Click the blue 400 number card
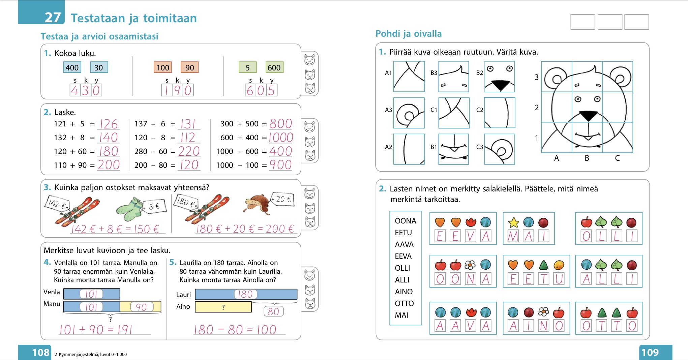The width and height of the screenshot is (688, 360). pyautogui.click(x=72, y=67)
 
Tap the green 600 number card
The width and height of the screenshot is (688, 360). pyautogui.click(x=274, y=67)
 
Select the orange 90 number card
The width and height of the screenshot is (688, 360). pyautogui.click(x=189, y=67)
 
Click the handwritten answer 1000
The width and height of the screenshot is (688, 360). pyautogui.click(x=281, y=138)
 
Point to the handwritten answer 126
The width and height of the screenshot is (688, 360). pyautogui.click(x=109, y=124)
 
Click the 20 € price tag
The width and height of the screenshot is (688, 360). pyautogui.click(x=283, y=199)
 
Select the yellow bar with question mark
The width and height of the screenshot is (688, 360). pyautogui.click(x=223, y=307)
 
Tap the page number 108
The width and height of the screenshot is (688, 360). pyautogui.click(x=40, y=352)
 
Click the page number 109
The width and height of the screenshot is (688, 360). pyautogui.click(x=650, y=352)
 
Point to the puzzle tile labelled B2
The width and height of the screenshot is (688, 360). pyautogui.click(x=500, y=77)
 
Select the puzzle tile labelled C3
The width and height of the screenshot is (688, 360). pyautogui.click(x=500, y=149)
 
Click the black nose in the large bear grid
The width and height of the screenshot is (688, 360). pyautogui.click(x=588, y=116)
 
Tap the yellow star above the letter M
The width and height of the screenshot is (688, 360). pyautogui.click(x=513, y=222)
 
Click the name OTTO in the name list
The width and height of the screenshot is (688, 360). pyautogui.click(x=404, y=303)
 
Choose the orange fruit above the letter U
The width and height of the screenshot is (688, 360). pyautogui.click(x=559, y=265)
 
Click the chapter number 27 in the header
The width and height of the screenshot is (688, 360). pyautogui.click(x=53, y=18)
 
